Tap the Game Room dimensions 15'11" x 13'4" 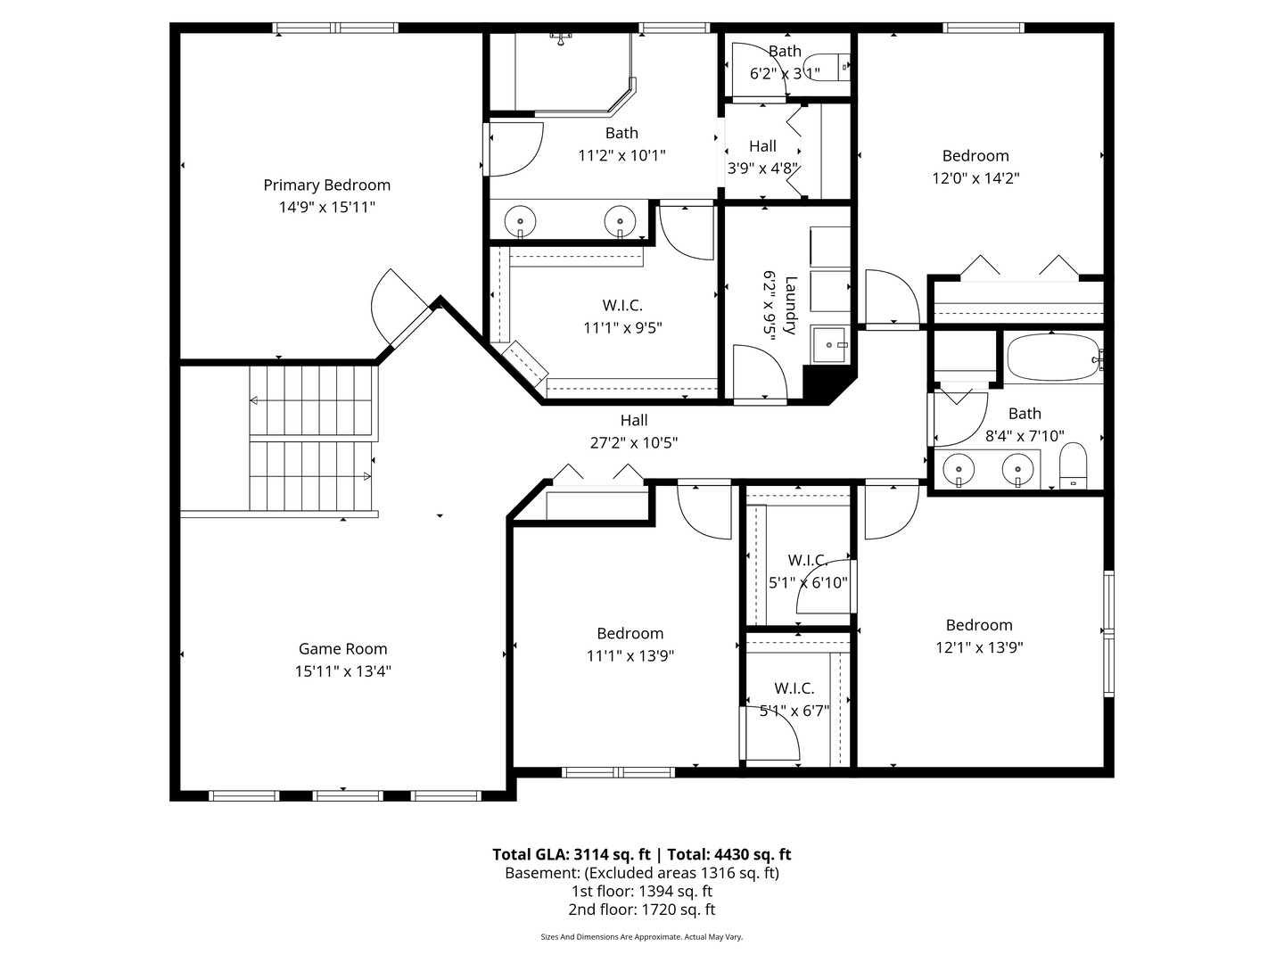click(342, 671)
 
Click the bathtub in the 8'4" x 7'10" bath click(1052, 358)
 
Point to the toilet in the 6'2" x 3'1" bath click(827, 67)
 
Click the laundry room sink click(829, 345)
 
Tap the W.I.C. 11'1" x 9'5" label click(622, 317)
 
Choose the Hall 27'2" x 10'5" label click(633, 432)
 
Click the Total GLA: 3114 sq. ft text click(571, 855)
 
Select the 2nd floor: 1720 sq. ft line click(642, 909)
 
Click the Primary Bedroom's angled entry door click(400, 307)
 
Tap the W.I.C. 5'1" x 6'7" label click(794, 699)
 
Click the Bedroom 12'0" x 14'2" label click(975, 167)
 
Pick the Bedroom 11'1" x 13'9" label click(630, 645)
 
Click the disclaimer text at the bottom click(642, 936)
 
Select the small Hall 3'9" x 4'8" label click(762, 157)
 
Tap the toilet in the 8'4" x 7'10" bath click(1073, 465)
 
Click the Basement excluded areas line click(642, 873)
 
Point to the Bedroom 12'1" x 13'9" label click(979, 636)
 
